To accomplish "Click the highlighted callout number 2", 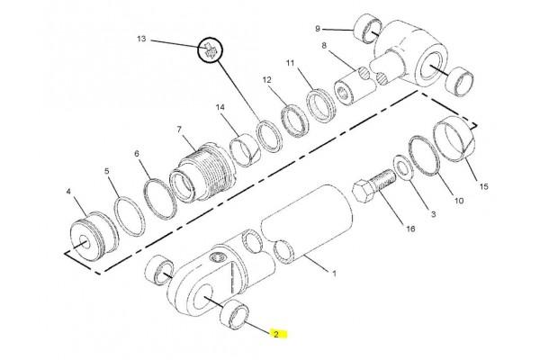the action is [x=276, y=335].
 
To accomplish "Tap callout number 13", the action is [x=141, y=39].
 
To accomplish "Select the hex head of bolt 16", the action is [x=364, y=192].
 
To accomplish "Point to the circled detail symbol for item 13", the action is [x=211, y=49].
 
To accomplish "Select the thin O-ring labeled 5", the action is [x=130, y=217].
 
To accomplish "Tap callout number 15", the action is [x=483, y=186].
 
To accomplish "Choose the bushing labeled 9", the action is [x=368, y=29].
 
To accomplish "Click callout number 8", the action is [x=324, y=46].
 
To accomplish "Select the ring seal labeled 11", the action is [x=320, y=105].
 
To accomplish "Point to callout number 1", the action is [x=334, y=274].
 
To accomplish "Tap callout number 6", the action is [x=137, y=153].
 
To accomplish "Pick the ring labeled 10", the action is [x=424, y=156].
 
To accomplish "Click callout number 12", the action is [x=267, y=80].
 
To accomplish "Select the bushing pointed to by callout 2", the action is [x=234, y=314].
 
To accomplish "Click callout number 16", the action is [x=410, y=229].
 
